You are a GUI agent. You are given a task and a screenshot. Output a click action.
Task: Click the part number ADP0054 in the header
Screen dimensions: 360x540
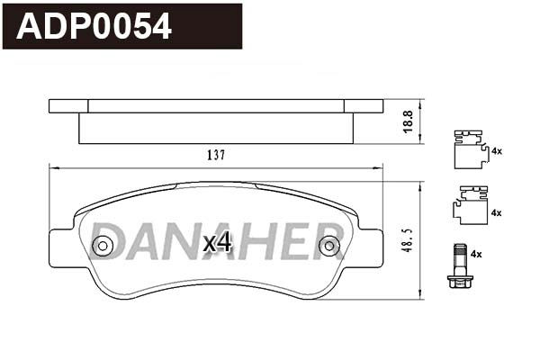point(95,26)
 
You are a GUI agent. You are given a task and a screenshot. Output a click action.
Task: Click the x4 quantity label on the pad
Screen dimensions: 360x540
point(218,242)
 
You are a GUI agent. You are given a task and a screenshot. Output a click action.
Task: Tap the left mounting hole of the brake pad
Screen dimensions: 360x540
point(103,245)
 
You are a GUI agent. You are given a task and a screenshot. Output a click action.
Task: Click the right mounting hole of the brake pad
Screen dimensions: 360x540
point(329,244)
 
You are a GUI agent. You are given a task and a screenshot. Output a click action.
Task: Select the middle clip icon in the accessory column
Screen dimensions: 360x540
point(465,206)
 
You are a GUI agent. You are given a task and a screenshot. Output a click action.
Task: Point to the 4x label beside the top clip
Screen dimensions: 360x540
point(495,150)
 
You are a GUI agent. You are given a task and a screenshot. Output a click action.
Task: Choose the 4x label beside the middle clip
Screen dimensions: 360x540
point(495,212)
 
